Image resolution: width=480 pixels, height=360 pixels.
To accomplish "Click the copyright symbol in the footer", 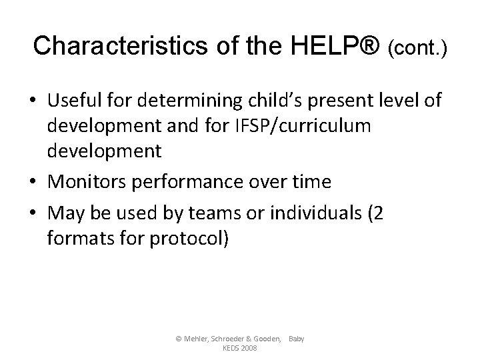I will (178, 339).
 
